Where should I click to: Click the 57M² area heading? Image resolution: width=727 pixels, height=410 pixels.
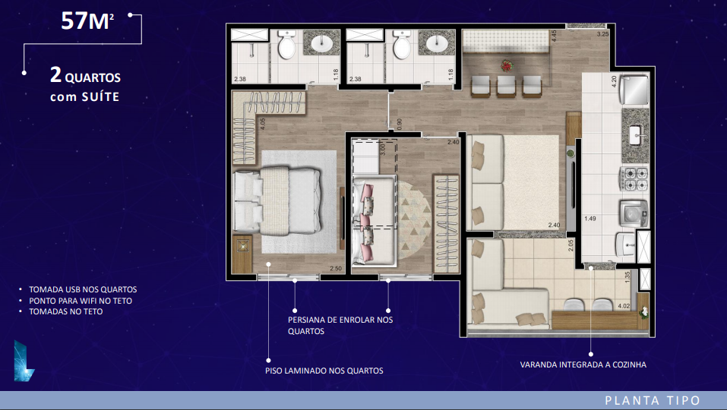click(87, 20)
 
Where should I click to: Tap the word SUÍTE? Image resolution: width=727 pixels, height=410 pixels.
click(100, 97)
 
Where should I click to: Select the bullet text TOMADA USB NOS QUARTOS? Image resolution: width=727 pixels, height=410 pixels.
click(83, 289)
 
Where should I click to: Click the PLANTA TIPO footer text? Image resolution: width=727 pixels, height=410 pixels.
click(653, 401)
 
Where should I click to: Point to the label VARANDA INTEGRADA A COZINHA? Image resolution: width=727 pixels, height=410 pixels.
click(583, 365)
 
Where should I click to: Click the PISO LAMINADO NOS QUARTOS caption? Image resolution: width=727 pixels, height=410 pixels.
click(324, 371)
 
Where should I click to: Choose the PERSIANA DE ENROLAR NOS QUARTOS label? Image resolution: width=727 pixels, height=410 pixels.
click(340, 325)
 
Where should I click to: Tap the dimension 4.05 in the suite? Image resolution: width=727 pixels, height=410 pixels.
click(262, 124)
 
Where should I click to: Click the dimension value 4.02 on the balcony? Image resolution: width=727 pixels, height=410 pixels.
click(624, 306)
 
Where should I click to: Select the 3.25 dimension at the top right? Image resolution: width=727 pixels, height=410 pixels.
click(602, 34)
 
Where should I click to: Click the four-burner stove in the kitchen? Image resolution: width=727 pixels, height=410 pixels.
click(635, 179)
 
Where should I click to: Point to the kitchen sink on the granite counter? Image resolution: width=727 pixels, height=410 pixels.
click(636, 135)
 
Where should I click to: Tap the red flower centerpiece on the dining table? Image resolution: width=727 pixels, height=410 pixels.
click(507, 66)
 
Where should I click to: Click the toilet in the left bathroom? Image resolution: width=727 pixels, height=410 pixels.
click(286, 45)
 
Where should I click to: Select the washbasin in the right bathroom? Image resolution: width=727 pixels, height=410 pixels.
click(436, 44)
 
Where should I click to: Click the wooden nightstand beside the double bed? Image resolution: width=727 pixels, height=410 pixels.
click(242, 254)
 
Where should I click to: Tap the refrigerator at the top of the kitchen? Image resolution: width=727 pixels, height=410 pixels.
click(635, 90)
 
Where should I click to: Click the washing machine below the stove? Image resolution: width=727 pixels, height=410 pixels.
click(634, 213)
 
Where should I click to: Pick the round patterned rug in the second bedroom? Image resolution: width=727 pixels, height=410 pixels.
click(414, 220)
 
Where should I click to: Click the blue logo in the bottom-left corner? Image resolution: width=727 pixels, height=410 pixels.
click(24, 361)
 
